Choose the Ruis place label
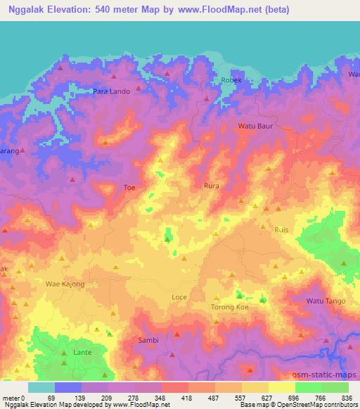pos(281,229)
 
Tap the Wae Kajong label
pos(65,284)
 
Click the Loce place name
pos(179,297)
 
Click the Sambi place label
pos(147,340)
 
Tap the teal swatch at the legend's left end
pos(41,387)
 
